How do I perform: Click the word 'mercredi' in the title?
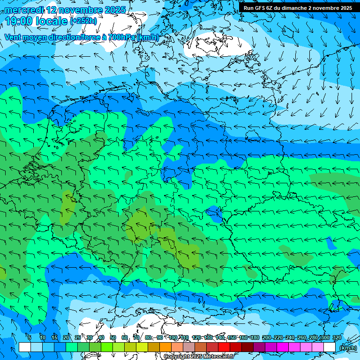pyautogui.click(x=24, y=10)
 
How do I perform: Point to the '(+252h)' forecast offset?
pyautogui.click(x=83, y=21)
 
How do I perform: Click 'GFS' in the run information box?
pyautogui.click(x=261, y=8)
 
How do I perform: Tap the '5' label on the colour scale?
pyautogui.click(x=30, y=337)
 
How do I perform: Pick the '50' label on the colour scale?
pyautogui.click(x=113, y=337)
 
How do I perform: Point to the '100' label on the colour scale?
pyautogui.click(x=173, y=337)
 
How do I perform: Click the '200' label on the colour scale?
pyautogui.click(x=267, y=337)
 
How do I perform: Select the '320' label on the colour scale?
pyautogui.click(x=337, y=337)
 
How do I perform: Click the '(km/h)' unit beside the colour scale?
pyautogui.click(x=348, y=348)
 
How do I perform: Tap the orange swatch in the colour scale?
pyautogui.click(x=165, y=347)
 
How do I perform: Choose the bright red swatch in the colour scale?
pyautogui.click(x=224, y=347)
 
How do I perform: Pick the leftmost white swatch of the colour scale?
pyautogui.click(x=25, y=347)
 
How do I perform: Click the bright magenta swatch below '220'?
pyautogui.click(x=283, y=347)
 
